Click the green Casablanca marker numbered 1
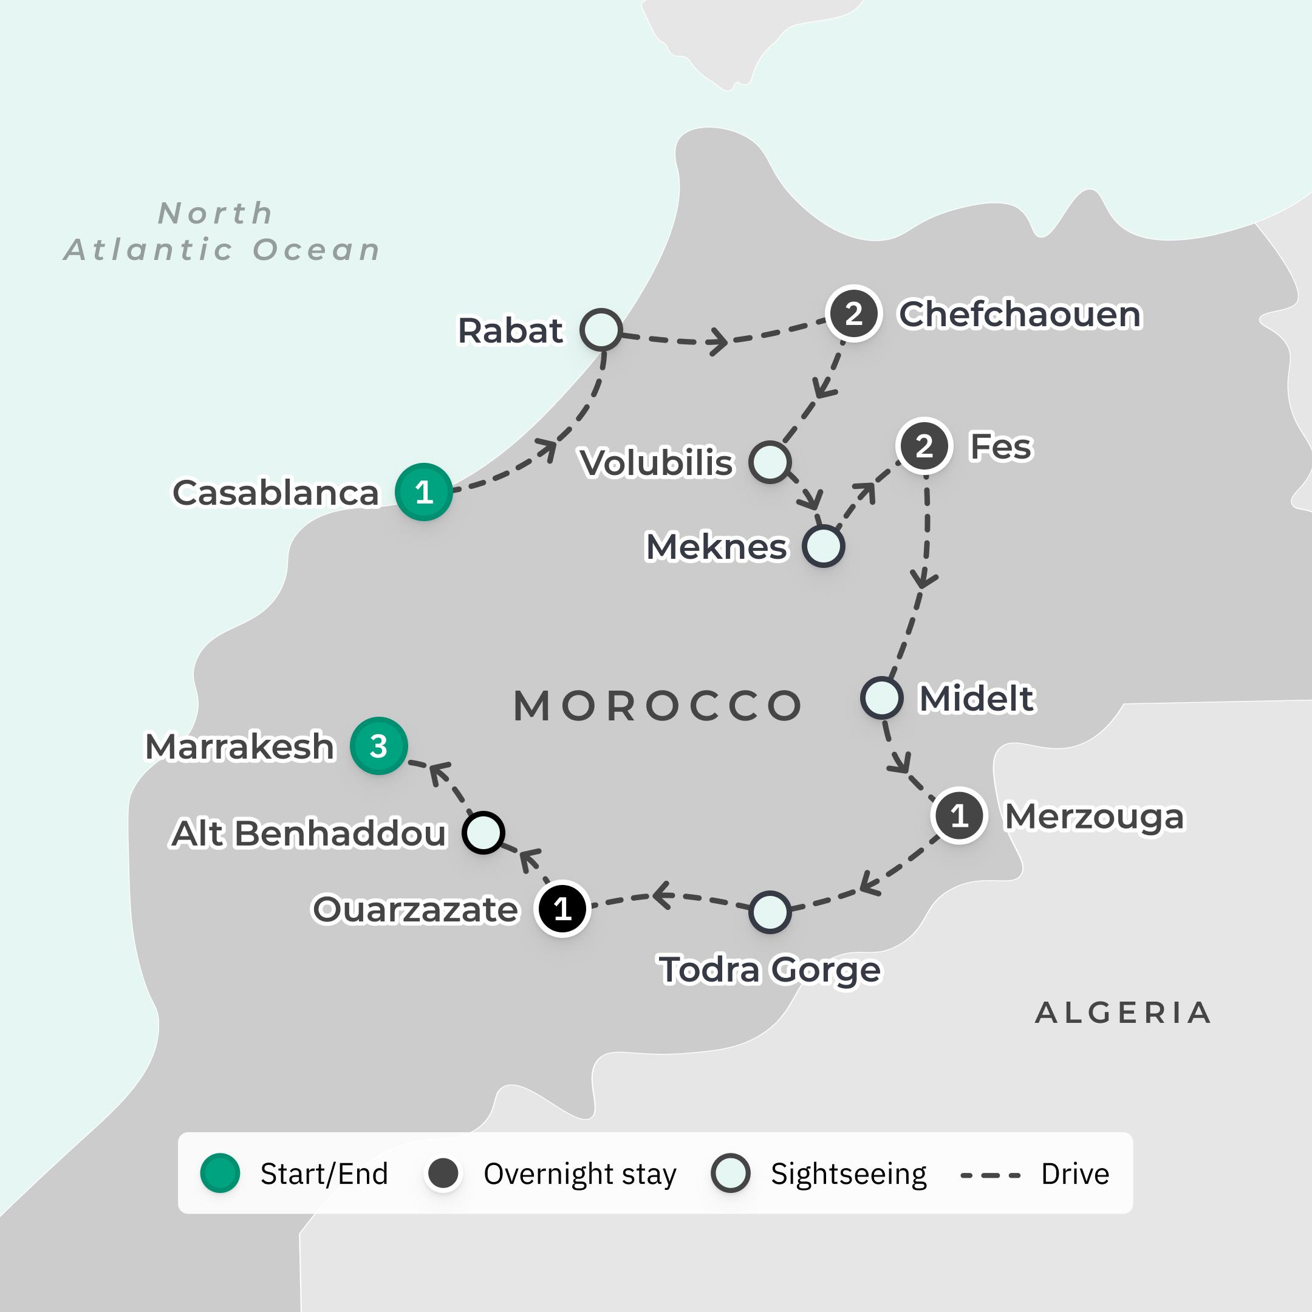424,491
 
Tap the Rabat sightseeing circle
601,329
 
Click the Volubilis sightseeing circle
770,462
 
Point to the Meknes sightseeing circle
823,546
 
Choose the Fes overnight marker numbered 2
923,446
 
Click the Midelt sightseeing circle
881,697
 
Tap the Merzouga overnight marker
959,816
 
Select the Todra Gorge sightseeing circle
770,912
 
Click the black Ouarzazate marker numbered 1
562,909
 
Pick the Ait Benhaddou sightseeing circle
483,833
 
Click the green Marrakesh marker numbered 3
378,746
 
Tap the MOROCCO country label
657,706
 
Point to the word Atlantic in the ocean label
149,250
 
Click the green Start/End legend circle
220,1173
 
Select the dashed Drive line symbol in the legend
990,1175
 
